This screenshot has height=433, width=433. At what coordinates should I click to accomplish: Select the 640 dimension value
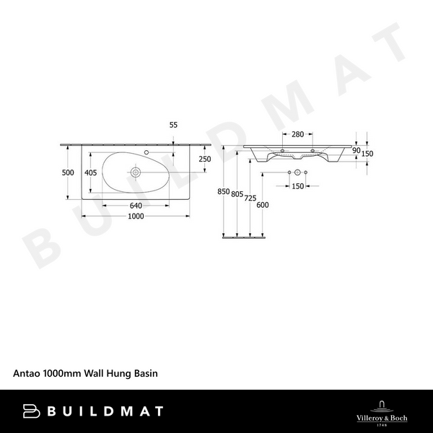(135, 205)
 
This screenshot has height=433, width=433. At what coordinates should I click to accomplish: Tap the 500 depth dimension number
(68, 172)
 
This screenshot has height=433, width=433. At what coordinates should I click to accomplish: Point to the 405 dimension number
(90, 172)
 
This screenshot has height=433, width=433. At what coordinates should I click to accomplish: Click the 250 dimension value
(205, 159)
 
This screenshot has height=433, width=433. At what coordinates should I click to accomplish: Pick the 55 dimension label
(173, 125)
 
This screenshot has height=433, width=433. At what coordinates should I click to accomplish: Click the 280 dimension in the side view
(297, 134)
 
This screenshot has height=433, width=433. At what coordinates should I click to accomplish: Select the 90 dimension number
(356, 150)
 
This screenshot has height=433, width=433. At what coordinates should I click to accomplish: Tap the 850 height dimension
(224, 192)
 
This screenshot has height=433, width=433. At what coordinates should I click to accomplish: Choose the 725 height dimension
(250, 198)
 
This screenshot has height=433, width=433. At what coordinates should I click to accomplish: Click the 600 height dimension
(263, 204)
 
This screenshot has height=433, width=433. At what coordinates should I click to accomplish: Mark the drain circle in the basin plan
(135, 173)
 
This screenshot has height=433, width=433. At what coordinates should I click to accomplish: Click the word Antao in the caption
(27, 374)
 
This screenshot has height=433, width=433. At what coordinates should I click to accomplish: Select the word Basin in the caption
(144, 374)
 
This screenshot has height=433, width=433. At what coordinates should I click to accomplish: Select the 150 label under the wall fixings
(297, 187)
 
